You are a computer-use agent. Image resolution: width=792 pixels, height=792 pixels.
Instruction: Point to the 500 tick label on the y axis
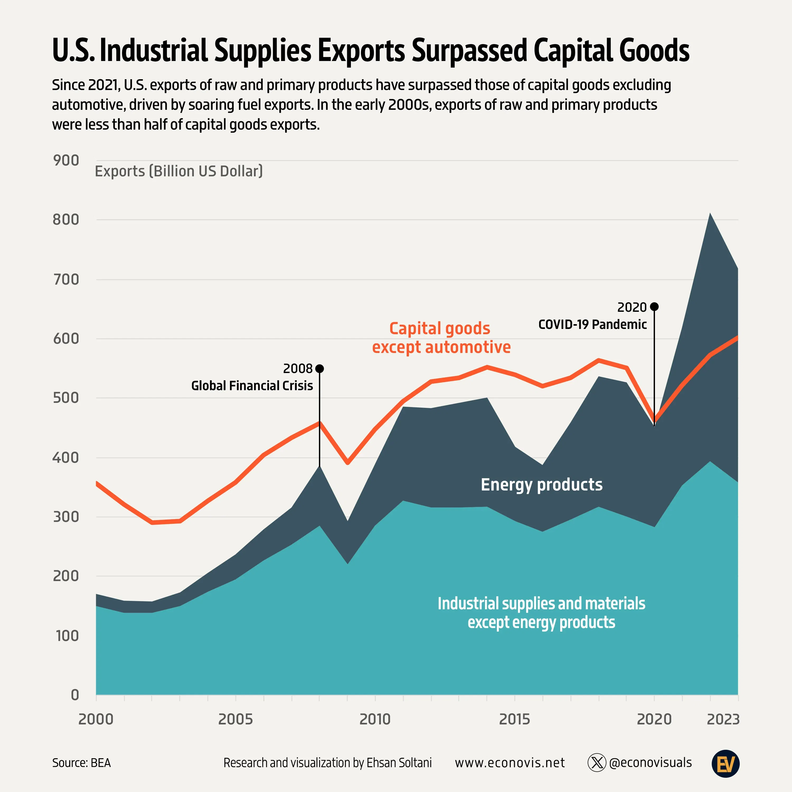pyautogui.click(x=66, y=398)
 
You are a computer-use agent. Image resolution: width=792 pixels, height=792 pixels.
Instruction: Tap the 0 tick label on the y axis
pyautogui.click(x=75, y=695)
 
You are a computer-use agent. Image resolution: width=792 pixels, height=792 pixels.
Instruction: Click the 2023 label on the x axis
pyautogui.click(x=723, y=719)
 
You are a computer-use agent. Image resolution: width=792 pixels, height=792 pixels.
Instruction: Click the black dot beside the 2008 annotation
pyautogui.click(x=320, y=369)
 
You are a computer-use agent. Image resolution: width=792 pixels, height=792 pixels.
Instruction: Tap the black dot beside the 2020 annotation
pyautogui.click(x=654, y=307)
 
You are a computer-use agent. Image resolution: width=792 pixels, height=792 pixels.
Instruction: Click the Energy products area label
pyautogui.click(x=541, y=484)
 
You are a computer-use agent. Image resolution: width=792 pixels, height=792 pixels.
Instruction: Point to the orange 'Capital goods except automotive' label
pyautogui.click(x=441, y=338)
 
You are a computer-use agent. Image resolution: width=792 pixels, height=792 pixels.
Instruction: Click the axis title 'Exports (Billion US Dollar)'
pyautogui.click(x=179, y=171)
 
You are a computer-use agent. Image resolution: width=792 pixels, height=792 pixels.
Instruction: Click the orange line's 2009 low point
pyautogui.click(x=348, y=463)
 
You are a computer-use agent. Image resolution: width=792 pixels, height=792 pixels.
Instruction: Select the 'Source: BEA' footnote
pyautogui.click(x=81, y=763)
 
